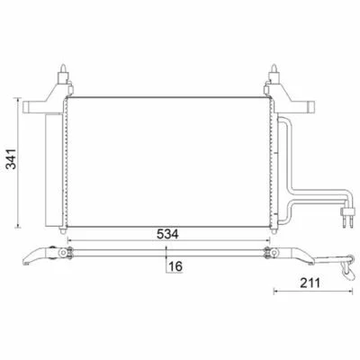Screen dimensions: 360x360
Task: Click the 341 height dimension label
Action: point(12,159)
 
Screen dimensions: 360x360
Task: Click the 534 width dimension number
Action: point(167,234)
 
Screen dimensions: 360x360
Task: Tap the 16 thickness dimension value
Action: point(175,266)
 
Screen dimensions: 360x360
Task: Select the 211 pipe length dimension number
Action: point(310,283)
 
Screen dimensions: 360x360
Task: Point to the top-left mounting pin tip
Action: point(63,67)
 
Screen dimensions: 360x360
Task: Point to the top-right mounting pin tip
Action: point(274,67)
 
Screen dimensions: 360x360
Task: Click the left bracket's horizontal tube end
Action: point(26,107)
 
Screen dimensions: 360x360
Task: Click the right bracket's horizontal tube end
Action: point(311,106)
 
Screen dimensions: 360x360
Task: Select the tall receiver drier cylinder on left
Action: point(54,170)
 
